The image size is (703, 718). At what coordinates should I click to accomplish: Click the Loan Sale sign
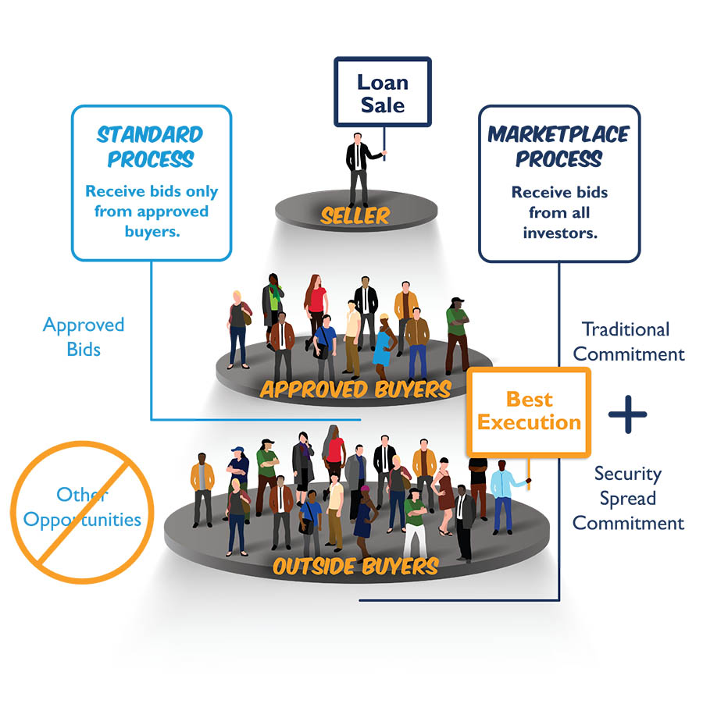coord(382,92)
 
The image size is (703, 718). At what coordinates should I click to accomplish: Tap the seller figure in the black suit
coord(359,169)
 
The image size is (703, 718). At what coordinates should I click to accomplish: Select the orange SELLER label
coord(355,216)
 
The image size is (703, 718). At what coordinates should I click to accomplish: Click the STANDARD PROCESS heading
coord(151,146)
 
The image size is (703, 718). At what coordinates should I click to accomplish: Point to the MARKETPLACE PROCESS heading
coord(558,146)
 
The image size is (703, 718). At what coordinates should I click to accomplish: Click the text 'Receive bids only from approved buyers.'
coord(152,211)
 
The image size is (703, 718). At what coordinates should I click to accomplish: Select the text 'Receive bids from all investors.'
coord(558,211)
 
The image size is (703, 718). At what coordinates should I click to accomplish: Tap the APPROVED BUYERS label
coord(355,388)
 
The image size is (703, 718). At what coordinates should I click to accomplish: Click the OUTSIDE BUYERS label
coord(355,566)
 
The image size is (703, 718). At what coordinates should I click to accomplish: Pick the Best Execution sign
coord(529,411)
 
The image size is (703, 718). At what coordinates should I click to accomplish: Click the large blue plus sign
coord(627,414)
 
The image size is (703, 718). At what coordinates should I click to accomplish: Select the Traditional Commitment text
coord(628,341)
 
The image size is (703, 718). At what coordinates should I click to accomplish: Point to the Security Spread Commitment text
coord(628,498)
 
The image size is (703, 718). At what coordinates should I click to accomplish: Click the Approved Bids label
coord(84,336)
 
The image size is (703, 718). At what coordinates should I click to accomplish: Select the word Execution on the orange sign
coord(529,423)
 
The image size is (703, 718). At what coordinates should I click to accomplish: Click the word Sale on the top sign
coord(383,105)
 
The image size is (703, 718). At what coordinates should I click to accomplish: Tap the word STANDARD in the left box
coord(151,134)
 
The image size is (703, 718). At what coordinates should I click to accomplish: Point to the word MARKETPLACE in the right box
coord(558,134)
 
